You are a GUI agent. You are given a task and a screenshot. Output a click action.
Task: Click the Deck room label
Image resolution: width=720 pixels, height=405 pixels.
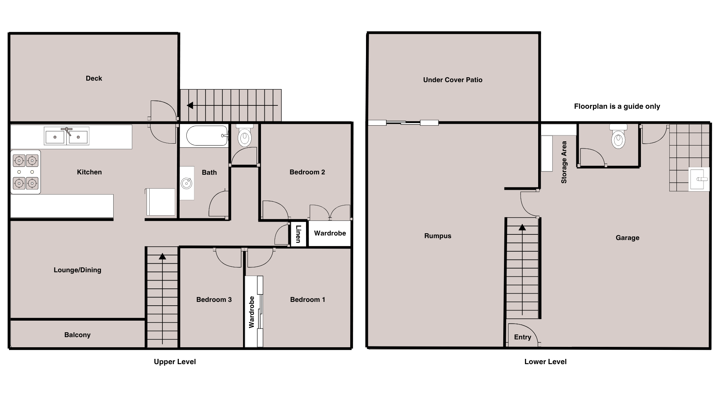[x=94, y=78]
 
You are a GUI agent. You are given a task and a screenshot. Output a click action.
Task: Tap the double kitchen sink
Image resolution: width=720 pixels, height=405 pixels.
[x=67, y=136]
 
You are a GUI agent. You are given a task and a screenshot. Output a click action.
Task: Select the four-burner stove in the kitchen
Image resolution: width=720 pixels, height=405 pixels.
[x=25, y=172]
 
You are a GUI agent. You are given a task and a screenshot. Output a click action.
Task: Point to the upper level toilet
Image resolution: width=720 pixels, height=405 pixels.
[x=245, y=136]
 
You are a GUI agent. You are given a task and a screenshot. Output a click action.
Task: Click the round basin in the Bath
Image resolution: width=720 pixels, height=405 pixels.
[x=186, y=183]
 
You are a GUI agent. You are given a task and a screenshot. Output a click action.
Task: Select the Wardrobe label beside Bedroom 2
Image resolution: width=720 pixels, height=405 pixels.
[x=330, y=233]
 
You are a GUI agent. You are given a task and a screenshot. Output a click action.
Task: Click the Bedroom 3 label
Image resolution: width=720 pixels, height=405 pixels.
[x=214, y=300]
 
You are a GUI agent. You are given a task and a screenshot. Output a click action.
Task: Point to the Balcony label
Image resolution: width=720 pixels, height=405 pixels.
[x=77, y=335]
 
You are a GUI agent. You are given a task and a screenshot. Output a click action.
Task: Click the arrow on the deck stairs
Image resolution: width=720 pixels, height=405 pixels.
[x=232, y=106]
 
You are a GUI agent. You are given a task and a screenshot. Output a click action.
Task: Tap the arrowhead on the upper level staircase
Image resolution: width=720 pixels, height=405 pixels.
[x=162, y=256]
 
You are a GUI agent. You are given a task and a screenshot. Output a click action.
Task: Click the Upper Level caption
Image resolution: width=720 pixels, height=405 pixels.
[x=175, y=362]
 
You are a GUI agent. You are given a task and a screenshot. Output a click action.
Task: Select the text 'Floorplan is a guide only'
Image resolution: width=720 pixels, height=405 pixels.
[x=617, y=106]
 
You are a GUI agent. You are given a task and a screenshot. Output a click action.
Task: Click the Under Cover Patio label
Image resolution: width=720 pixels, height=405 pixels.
[x=453, y=80]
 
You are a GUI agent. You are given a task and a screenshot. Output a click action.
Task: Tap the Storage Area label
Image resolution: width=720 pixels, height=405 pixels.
[x=564, y=162]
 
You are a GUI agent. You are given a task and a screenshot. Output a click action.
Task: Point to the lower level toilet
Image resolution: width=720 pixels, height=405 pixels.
[x=618, y=136]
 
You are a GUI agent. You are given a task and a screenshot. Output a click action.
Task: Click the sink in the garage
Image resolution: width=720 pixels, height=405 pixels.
[x=699, y=179]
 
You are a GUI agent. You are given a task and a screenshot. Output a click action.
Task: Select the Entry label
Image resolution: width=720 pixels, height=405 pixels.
[x=523, y=337]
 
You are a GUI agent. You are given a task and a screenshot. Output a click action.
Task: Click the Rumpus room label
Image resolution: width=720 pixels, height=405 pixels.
[x=438, y=236]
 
